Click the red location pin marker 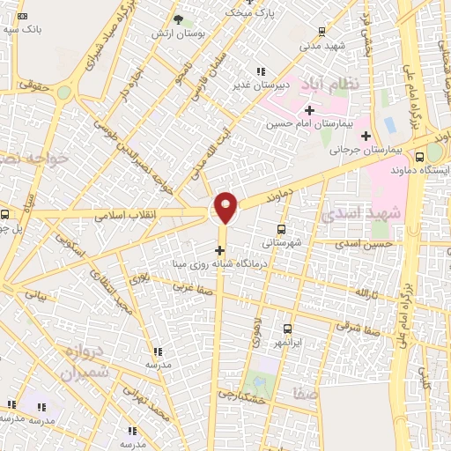coord(226,208)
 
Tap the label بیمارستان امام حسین coord(308,124)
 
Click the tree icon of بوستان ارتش coord(178,19)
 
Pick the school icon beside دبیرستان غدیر coord(259,72)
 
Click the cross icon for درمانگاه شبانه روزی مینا coord(219,250)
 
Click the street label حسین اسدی coord(369,243)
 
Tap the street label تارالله coord(366,292)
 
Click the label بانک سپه coord(35,28)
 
